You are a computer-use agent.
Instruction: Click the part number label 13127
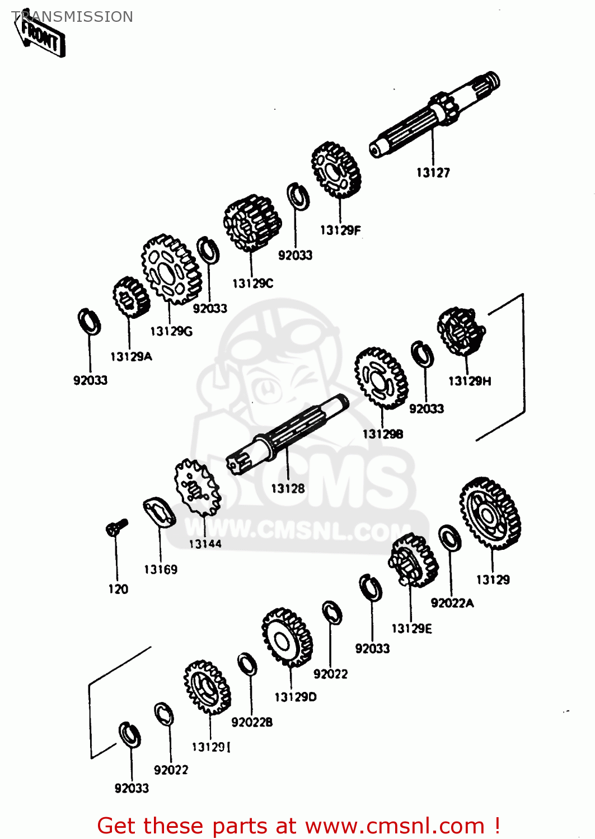coord(433,173)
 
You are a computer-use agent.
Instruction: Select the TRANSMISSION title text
coord(72,17)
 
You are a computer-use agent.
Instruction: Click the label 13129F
coord(340,230)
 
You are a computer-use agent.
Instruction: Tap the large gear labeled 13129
coord(490,513)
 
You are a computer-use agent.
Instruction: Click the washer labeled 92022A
coord(449,538)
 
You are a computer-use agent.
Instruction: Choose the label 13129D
coord(296,697)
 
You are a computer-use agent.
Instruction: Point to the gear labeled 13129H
coord(461,331)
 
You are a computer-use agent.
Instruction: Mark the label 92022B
coord(252,723)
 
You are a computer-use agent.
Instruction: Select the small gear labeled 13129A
coord(131,297)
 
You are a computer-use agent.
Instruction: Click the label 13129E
coord(411,629)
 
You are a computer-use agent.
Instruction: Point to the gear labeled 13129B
coord(381,378)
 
